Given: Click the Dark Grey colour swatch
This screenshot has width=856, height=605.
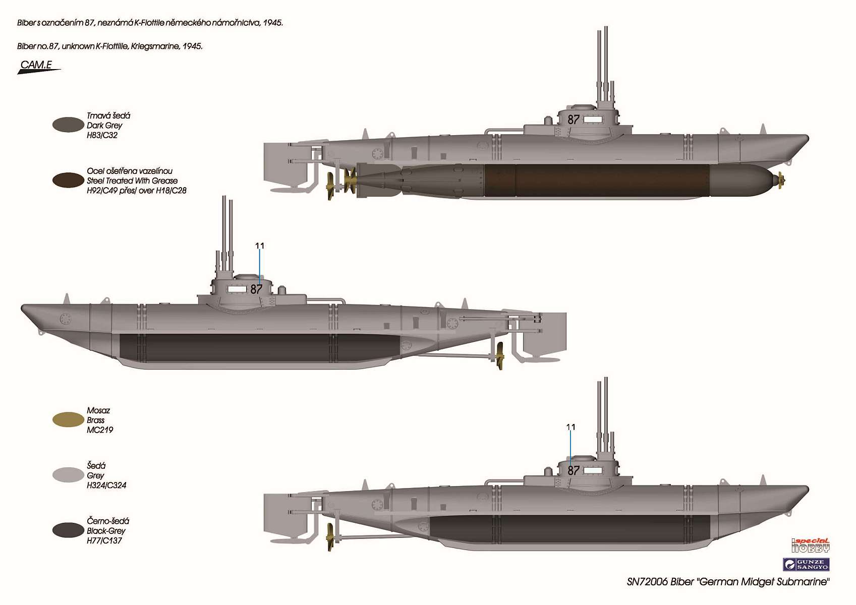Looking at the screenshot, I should [x=68, y=125].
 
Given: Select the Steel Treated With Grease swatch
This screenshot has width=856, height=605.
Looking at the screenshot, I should [x=68, y=180].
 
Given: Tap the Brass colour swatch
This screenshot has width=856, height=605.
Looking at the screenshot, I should [x=68, y=419].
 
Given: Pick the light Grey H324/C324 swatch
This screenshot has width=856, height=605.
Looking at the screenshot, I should [x=68, y=475].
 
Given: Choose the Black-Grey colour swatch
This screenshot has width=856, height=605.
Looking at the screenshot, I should [x=68, y=530].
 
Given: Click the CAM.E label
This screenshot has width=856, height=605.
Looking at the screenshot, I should [x=36, y=65].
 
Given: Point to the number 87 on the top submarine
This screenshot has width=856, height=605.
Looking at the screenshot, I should [x=574, y=120].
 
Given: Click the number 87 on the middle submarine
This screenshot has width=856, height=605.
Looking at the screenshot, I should [x=256, y=289].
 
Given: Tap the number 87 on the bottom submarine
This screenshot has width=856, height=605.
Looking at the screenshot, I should [x=574, y=471].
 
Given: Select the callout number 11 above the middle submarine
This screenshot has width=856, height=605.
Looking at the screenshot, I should [x=260, y=246].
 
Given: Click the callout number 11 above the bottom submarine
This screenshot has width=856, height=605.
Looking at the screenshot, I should [x=570, y=427].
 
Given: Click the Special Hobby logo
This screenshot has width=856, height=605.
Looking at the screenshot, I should [x=811, y=546].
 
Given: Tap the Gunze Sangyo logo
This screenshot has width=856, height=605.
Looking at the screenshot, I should [x=807, y=564].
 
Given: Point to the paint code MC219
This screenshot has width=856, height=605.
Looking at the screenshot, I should [x=100, y=430].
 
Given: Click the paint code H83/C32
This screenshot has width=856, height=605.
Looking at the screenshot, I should [x=102, y=135].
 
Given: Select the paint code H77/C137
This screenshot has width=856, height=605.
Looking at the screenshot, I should [x=104, y=540].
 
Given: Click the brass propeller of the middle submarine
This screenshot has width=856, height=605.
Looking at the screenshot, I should [x=500, y=356].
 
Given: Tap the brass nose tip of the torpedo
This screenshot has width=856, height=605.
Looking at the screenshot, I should [x=781, y=180].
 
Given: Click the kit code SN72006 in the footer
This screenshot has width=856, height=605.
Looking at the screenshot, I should [x=647, y=582].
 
